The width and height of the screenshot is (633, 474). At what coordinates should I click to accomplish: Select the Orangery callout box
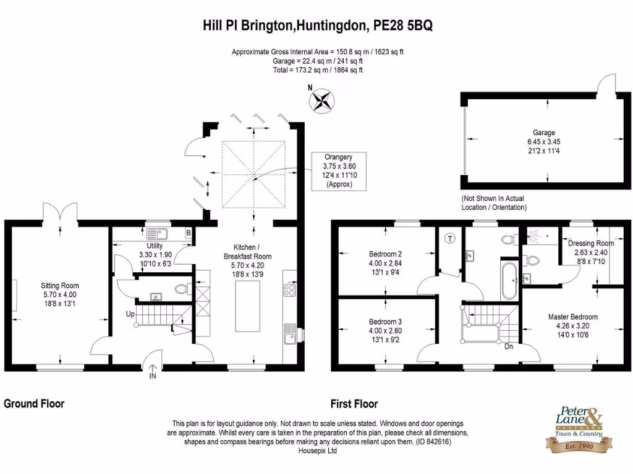(x=339, y=170)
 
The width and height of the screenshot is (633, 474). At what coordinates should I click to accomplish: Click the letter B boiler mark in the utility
(x=187, y=233)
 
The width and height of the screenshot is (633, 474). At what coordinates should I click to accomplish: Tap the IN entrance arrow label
(x=153, y=377)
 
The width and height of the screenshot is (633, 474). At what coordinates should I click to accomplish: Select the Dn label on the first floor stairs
(x=509, y=346)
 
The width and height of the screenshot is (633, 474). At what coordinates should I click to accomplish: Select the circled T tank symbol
(x=450, y=237)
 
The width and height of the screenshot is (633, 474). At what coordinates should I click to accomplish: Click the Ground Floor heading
(x=34, y=404)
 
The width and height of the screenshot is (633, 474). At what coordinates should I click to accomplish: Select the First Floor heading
(x=354, y=404)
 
